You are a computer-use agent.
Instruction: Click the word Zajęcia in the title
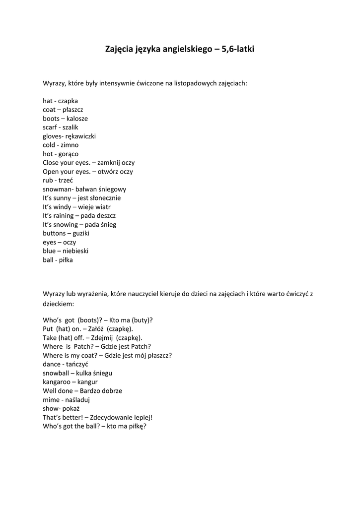pos(119,49)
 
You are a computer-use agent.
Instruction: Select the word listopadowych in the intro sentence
pos(194,83)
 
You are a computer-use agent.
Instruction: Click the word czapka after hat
pos(68,101)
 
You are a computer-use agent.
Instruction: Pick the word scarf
pos(50,127)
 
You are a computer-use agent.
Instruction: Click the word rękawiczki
pos(81,136)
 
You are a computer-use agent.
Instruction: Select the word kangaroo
pos(57,382)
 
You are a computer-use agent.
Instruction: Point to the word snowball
pos(56,373)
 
